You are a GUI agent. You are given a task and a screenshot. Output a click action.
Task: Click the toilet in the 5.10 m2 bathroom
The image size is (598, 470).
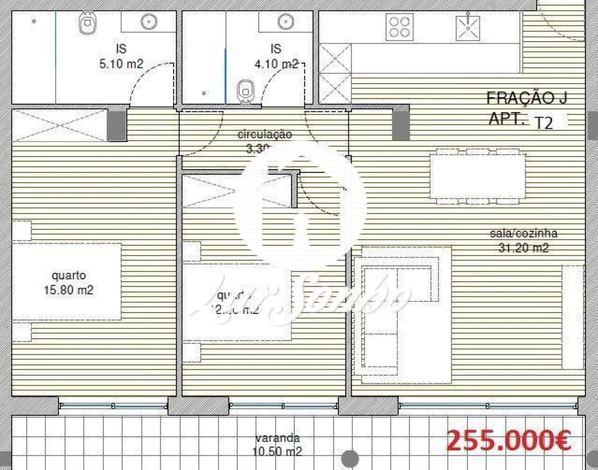[87, 24]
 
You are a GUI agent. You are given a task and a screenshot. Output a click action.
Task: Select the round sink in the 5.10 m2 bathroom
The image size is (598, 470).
[150, 22]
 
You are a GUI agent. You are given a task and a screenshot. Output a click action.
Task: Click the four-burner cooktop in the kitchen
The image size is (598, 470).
[400, 27]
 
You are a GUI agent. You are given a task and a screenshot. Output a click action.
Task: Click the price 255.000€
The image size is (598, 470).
[508, 441]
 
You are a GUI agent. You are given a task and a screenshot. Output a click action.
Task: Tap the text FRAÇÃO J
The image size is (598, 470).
[527, 99]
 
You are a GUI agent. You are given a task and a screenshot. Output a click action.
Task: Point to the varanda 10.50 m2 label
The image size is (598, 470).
[278, 445]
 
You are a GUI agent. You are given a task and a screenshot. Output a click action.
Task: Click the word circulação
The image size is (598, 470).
[265, 134]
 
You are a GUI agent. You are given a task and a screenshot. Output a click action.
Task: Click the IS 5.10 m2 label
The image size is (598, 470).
[121, 56]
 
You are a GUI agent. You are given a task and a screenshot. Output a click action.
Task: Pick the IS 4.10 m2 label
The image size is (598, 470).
[276, 56]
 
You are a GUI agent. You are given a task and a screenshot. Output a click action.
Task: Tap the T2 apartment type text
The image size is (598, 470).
[543, 122]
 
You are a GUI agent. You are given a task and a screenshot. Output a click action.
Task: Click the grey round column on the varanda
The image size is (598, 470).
[350, 459]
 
